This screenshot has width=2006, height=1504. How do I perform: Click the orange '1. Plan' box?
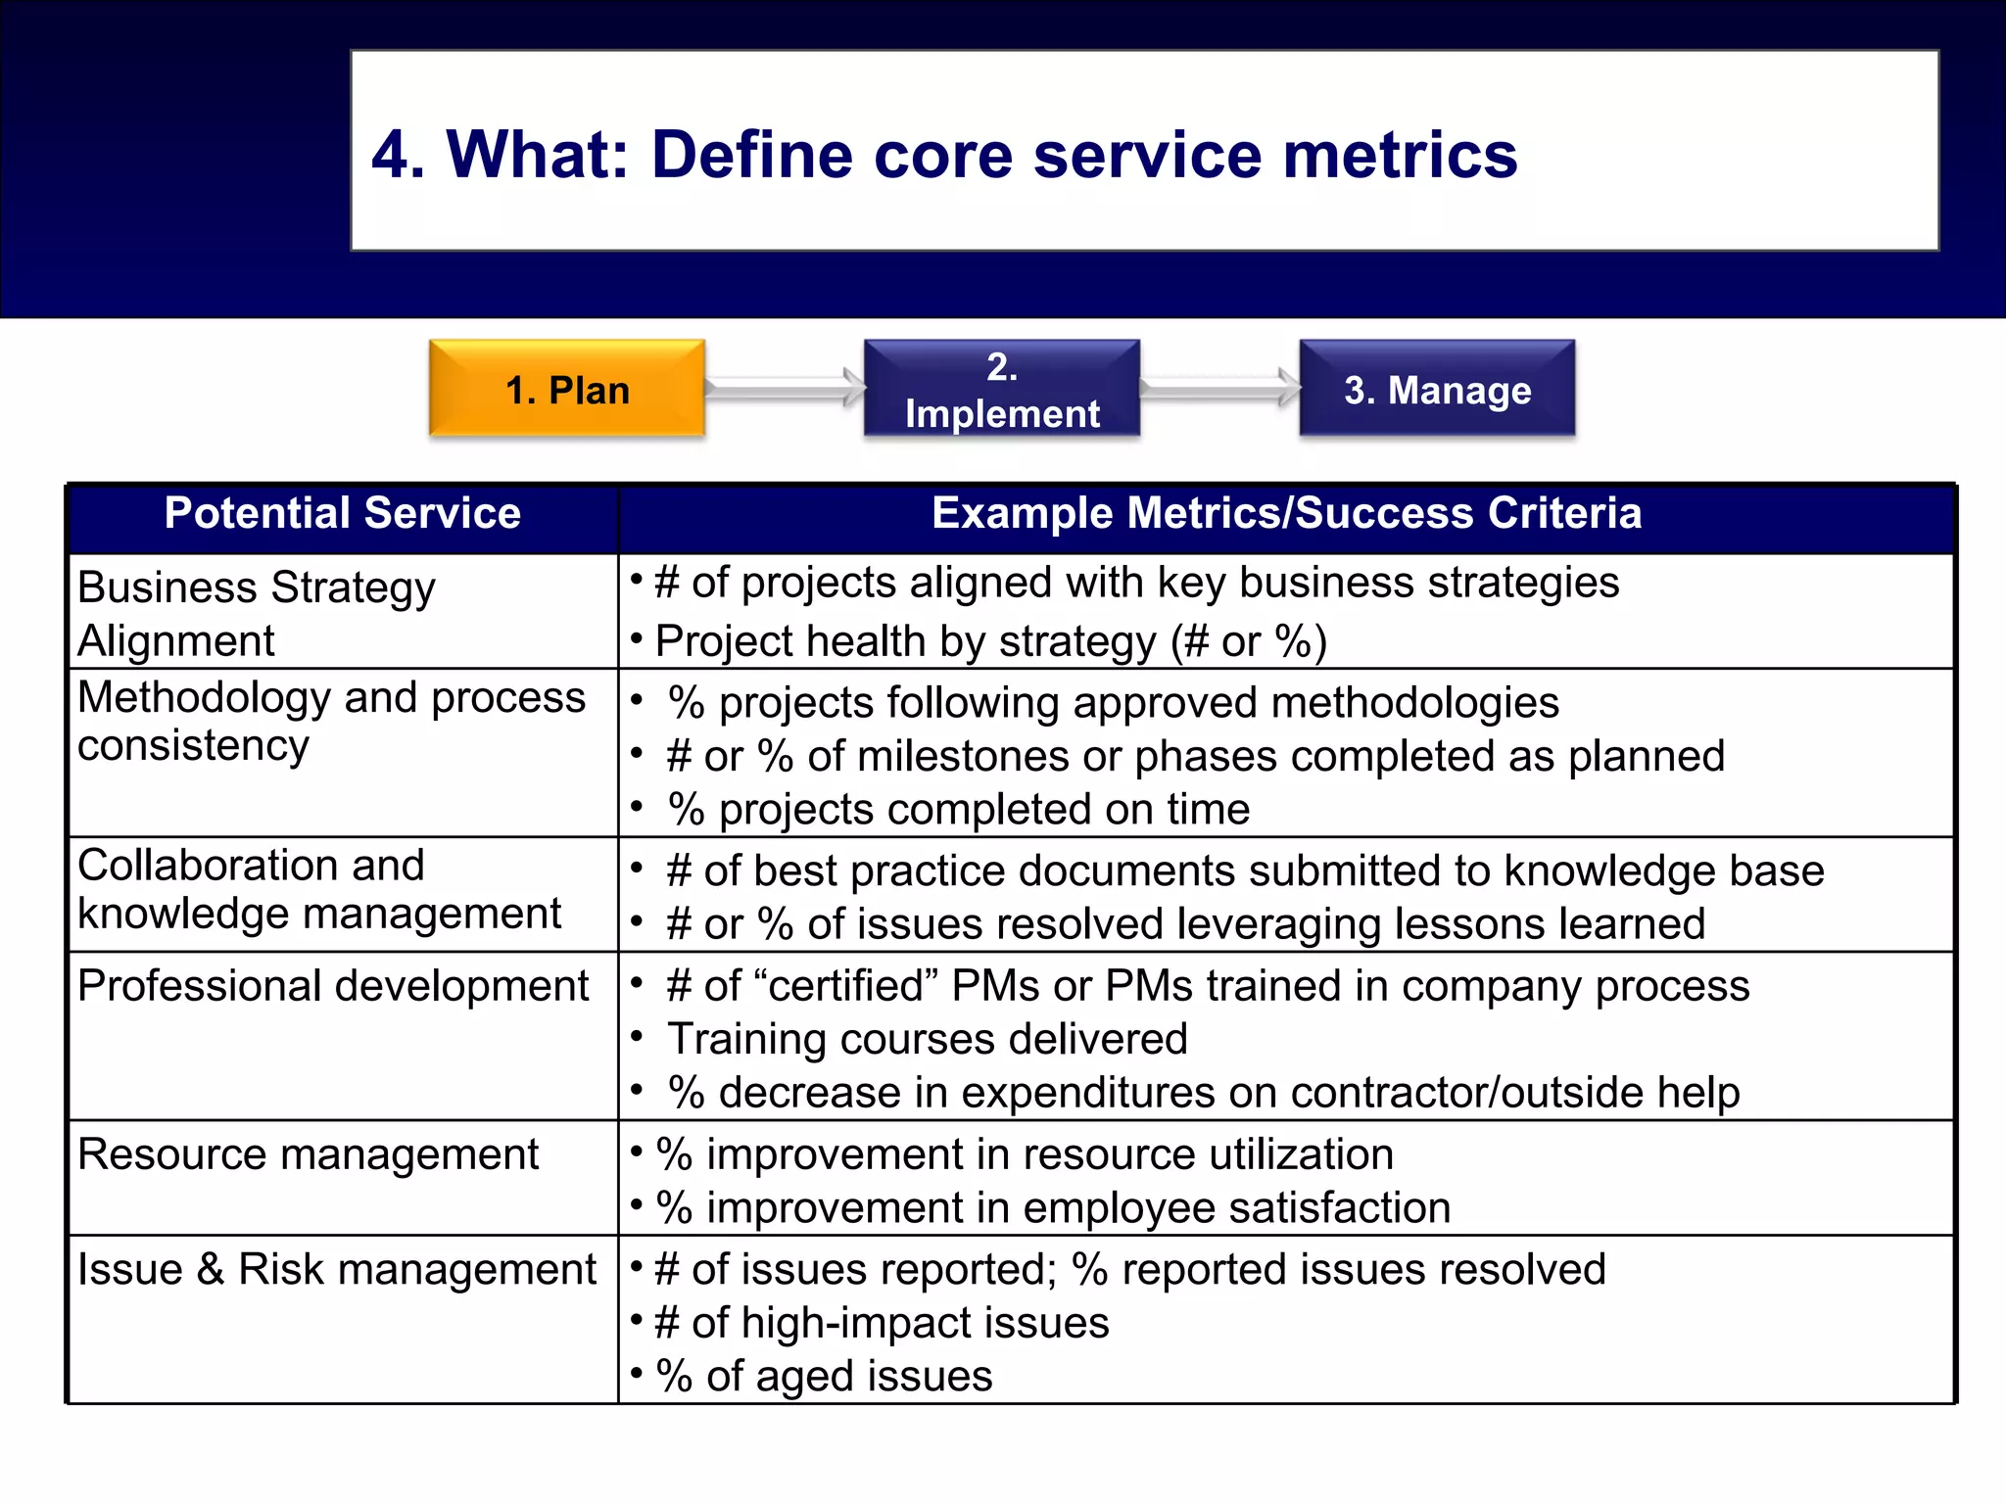click(567, 389)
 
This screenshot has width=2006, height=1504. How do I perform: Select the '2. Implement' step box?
click(1001, 389)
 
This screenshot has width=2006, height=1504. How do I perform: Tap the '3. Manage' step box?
click(1437, 389)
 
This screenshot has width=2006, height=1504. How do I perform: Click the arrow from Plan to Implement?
click(785, 388)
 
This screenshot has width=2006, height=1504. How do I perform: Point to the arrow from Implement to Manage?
click(1219, 388)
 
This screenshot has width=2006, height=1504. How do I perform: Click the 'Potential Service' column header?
click(342, 514)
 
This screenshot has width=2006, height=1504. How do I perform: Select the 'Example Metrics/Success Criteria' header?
click(1286, 514)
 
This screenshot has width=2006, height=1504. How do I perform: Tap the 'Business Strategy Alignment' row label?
click(256, 613)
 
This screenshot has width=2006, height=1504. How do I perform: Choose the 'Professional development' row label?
click(333, 986)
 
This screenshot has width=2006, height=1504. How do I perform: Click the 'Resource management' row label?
click(308, 1154)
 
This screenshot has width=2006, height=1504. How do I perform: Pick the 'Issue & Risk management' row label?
click(336, 1270)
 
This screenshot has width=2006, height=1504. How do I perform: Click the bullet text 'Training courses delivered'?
click(927, 1039)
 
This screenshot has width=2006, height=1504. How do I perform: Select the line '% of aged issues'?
click(823, 1377)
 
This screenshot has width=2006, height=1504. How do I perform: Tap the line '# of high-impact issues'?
click(881, 1323)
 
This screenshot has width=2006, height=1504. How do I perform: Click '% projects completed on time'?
click(958, 810)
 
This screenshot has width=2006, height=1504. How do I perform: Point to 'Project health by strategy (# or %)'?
click(990, 642)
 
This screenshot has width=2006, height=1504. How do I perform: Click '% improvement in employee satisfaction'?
click(1052, 1208)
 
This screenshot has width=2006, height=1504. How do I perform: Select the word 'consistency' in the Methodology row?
click(193, 746)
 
